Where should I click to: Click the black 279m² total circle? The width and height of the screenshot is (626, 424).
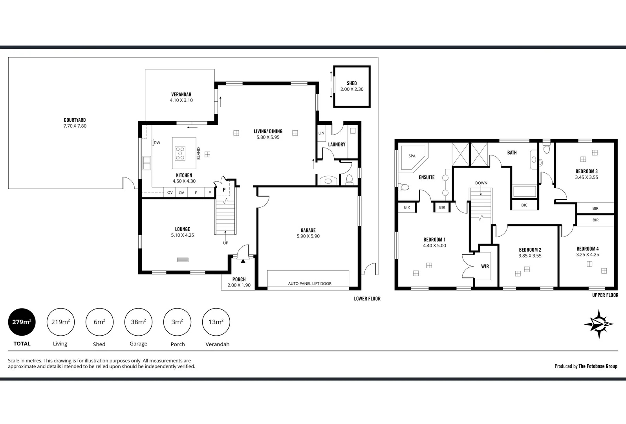coord(22,322)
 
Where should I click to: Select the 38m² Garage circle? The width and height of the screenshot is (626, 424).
coord(138,322)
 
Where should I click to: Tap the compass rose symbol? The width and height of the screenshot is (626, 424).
coord(599,324)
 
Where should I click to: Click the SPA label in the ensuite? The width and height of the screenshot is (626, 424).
coord(412,156)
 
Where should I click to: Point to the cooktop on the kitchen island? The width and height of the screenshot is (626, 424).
coord(180,153)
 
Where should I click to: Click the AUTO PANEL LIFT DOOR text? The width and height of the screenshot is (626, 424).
coord(309,283)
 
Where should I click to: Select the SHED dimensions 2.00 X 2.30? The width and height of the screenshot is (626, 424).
coord(351,89)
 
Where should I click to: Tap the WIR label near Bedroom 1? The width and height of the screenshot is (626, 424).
coord(485,266)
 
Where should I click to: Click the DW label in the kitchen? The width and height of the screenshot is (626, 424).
coord(157,143)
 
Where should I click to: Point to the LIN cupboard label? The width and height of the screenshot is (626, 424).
coord(321,133)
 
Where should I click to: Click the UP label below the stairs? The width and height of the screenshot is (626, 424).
coord(225,243)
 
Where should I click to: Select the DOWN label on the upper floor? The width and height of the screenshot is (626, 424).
coord(481,183)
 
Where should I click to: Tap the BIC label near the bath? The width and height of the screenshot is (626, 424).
coord(524,205)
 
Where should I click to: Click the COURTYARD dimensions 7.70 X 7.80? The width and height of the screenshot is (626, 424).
coord(75,126)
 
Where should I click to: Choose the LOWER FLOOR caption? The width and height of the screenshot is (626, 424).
coord(367,299)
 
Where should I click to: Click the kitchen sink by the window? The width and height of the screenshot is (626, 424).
coord(146,162)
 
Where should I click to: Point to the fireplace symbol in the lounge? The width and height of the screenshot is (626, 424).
coord(182,260)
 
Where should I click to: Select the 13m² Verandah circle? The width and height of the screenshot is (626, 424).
coord(216,322)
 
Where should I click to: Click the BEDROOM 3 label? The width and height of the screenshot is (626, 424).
coord(586,171)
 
